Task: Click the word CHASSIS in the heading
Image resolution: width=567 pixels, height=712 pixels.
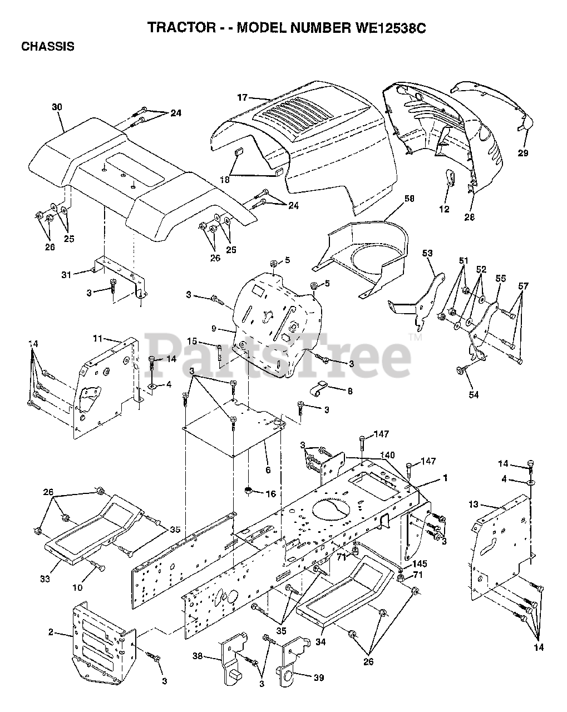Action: [47, 47]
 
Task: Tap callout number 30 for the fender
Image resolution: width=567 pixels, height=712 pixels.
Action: [56, 107]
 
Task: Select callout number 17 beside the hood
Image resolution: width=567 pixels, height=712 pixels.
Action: [242, 98]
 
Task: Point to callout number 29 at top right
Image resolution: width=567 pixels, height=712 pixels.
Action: [522, 153]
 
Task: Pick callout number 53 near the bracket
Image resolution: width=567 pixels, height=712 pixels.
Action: [427, 254]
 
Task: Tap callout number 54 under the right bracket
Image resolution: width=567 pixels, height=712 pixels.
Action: [474, 395]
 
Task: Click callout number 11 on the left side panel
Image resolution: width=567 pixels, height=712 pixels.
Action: [98, 338]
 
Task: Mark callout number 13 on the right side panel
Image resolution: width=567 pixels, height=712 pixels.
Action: [473, 504]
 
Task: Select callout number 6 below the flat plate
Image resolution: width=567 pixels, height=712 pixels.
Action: [268, 470]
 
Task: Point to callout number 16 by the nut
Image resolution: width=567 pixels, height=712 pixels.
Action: [271, 494]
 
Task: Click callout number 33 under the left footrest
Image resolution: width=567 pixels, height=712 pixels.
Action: [45, 579]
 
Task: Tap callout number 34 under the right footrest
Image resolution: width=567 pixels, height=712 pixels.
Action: [321, 642]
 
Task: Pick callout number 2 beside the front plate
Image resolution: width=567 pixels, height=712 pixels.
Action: [51, 632]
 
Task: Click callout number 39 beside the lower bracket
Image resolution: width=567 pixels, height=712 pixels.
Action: [318, 678]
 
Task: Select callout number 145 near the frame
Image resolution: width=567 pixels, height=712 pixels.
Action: [420, 563]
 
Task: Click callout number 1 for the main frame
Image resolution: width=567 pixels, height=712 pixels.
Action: [445, 477]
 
